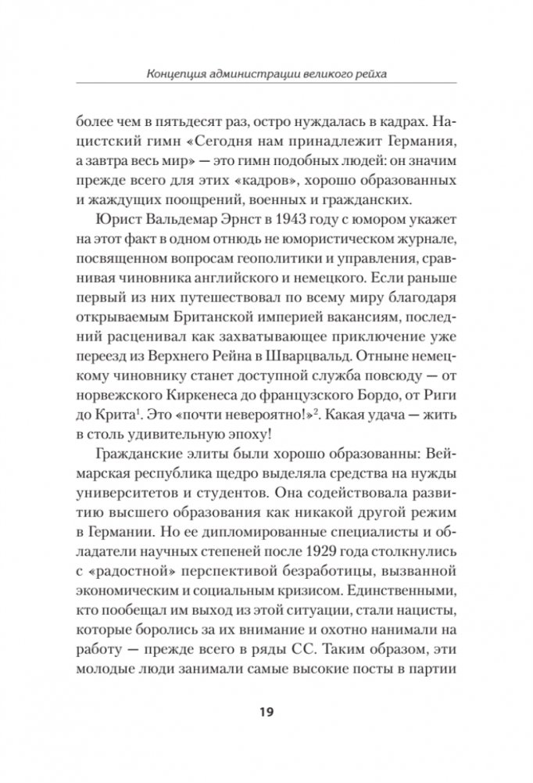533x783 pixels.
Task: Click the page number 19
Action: click(x=266, y=712)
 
